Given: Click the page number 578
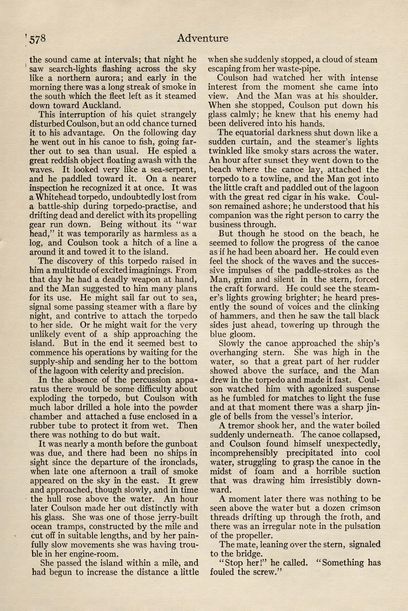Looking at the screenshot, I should click(x=38, y=39).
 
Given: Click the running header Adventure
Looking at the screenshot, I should click(x=202, y=38).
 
